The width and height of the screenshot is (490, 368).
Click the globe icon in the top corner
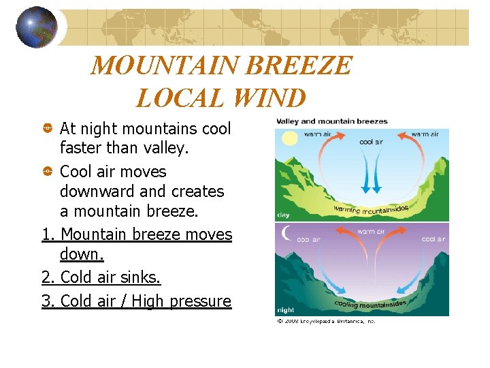coord(37,27)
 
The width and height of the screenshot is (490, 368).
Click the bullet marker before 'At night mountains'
coord(48,128)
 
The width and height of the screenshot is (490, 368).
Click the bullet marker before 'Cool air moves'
coord(48,172)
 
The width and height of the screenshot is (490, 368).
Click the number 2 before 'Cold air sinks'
coord(46,277)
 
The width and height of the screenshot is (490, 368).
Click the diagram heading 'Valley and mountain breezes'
coord(331,121)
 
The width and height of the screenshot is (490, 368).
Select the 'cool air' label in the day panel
coord(370,142)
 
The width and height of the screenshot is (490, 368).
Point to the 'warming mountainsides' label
coord(371,207)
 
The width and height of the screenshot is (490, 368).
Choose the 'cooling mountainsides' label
coord(370,304)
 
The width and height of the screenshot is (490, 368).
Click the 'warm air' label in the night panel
coord(370,232)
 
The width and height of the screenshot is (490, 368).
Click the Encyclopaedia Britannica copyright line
coord(325,321)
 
